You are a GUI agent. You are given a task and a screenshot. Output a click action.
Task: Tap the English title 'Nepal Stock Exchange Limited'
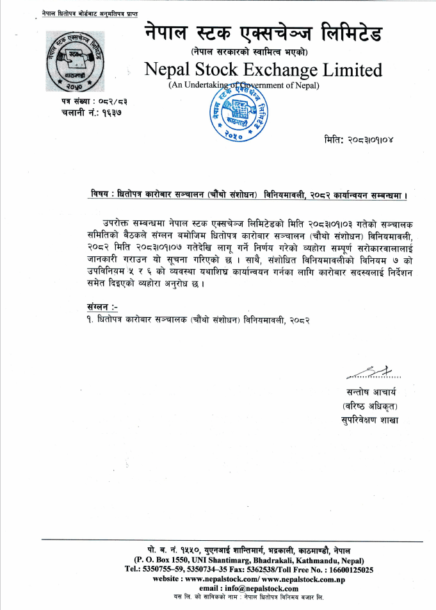point(263,69)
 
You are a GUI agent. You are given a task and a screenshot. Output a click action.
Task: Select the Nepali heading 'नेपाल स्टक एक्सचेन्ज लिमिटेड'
point(263,32)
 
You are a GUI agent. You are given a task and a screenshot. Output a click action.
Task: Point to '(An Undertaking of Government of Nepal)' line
point(244,85)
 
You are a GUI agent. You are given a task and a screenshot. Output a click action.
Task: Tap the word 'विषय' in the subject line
point(101,194)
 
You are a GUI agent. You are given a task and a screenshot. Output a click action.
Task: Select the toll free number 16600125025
point(348,569)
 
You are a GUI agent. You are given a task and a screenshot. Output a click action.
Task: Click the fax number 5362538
point(271,569)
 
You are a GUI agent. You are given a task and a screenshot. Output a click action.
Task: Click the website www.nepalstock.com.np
point(298,578)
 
